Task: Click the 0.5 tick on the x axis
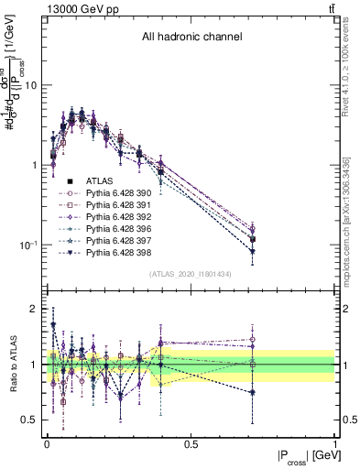click(x=191, y=443)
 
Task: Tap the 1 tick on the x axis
click(x=334, y=443)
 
